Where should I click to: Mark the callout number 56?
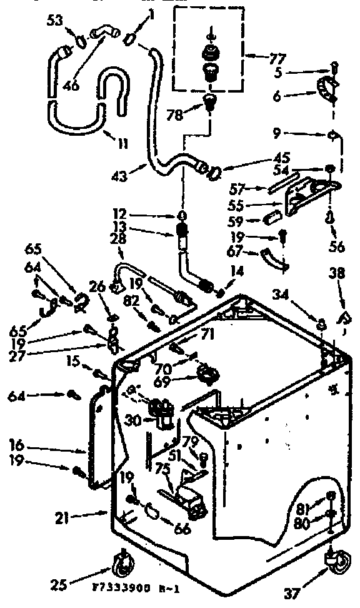tap(336, 246)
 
